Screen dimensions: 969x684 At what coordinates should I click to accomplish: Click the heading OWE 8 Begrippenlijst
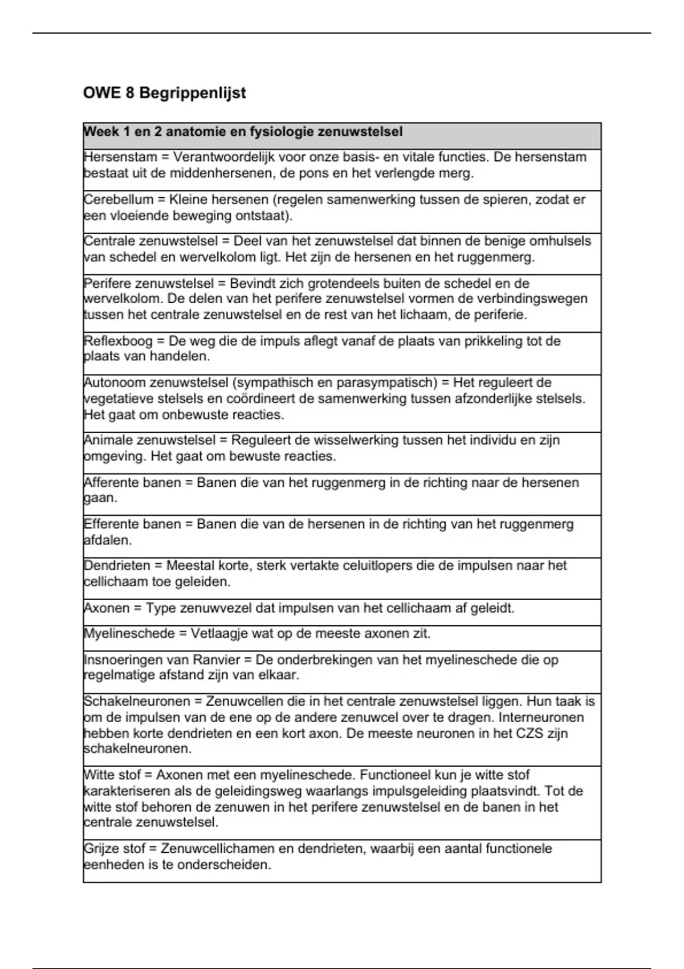click(x=164, y=93)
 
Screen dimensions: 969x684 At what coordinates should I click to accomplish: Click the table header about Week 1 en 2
click(x=243, y=132)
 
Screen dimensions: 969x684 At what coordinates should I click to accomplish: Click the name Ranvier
click(x=217, y=659)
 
